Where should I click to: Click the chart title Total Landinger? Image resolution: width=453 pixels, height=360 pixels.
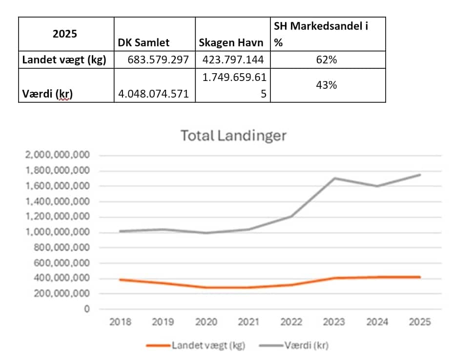click(233, 135)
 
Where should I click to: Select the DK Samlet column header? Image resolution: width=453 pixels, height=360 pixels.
click(144, 42)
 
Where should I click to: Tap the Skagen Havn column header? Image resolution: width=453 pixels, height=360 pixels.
click(231, 42)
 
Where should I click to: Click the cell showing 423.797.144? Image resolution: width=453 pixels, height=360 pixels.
click(233, 60)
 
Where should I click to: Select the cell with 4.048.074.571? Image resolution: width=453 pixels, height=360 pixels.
click(154, 94)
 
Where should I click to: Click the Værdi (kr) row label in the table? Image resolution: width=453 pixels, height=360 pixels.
click(46, 94)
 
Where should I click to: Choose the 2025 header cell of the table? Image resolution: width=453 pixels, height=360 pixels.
click(64, 34)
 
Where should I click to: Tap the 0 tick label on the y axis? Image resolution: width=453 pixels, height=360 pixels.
click(87, 309)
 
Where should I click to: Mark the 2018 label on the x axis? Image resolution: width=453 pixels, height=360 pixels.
click(120, 322)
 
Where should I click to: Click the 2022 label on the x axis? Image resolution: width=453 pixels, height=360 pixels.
click(291, 322)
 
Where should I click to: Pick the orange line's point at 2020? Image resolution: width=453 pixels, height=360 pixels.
click(206, 287)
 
